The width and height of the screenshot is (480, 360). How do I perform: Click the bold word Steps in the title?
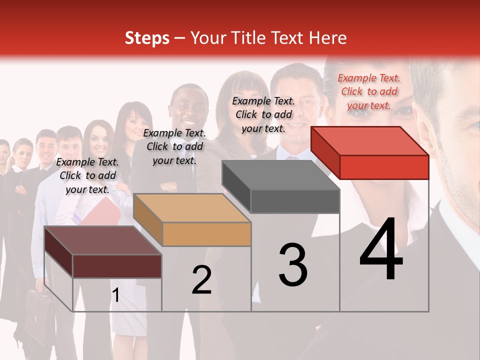[x=147, y=38]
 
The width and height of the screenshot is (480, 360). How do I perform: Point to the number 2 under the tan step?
[x=201, y=280]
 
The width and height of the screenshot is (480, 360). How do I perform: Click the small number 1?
[x=115, y=295]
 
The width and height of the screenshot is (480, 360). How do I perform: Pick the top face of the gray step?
[x=280, y=175]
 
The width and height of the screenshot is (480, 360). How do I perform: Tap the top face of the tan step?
[x=191, y=207]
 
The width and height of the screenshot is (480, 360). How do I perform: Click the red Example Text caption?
[x=369, y=91]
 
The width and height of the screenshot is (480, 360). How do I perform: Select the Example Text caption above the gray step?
[x=263, y=114]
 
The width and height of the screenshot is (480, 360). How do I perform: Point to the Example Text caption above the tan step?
[x=174, y=146]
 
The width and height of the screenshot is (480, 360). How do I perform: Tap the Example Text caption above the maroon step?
[x=87, y=175]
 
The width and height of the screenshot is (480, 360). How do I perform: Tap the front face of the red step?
[x=384, y=167]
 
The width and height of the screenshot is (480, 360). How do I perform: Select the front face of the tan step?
[x=206, y=234]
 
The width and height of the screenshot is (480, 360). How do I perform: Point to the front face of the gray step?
[x=295, y=201]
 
